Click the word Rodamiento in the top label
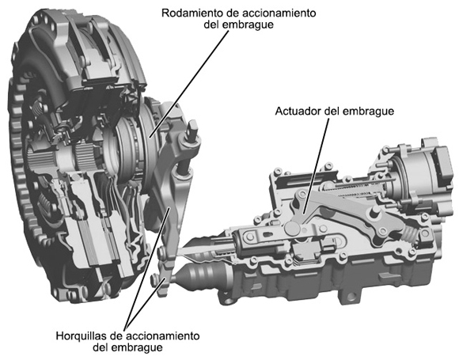click(x=192, y=14)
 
